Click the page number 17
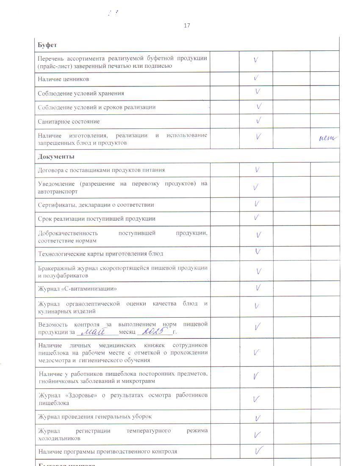click(x=187, y=25)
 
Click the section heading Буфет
click(x=47, y=45)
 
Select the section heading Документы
click(x=56, y=157)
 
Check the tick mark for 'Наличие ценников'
click(x=256, y=78)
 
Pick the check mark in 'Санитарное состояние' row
click(x=258, y=121)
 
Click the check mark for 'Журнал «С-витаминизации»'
click(x=258, y=288)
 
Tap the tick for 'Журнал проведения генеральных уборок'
click(x=258, y=418)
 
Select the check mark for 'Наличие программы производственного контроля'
click(x=259, y=450)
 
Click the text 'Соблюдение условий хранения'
click(x=81, y=93)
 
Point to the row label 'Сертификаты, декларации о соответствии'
click(x=96, y=205)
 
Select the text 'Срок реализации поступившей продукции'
click(x=97, y=219)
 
